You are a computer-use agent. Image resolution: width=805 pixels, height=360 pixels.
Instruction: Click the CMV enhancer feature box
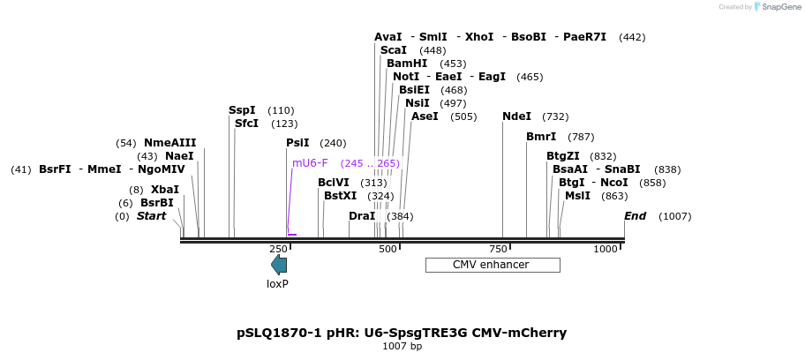(493, 265)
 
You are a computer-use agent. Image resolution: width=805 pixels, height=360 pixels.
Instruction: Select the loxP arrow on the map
(279, 265)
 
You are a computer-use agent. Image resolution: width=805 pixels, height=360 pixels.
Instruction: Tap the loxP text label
(278, 284)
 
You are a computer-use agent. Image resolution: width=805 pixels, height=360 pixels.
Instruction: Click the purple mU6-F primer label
(310, 163)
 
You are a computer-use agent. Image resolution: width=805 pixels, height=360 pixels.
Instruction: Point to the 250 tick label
(278, 251)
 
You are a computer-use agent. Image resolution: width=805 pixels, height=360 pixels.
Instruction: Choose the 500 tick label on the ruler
(387, 251)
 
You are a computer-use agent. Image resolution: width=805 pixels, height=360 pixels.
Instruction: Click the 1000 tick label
(606, 251)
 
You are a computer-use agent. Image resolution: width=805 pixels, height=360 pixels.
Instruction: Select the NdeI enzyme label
(516, 116)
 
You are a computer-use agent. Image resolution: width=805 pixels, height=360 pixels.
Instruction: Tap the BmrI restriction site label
(541, 137)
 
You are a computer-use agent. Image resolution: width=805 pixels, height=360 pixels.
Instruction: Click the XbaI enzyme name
(165, 190)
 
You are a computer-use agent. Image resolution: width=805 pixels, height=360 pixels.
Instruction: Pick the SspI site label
(242, 110)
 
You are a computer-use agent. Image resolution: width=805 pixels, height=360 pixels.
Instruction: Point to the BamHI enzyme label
(407, 64)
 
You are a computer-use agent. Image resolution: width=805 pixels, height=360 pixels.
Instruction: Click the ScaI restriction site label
(394, 50)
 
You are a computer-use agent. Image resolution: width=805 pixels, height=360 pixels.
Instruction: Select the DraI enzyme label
(362, 216)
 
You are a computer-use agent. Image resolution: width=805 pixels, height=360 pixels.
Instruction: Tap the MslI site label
(577, 196)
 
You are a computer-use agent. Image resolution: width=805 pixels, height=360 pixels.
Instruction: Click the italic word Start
(151, 216)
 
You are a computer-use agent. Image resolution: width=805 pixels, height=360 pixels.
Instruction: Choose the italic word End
(635, 216)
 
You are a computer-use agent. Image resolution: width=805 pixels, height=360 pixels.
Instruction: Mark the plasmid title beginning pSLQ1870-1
(402, 333)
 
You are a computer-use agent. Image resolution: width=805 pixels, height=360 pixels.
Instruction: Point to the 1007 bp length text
(402, 347)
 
